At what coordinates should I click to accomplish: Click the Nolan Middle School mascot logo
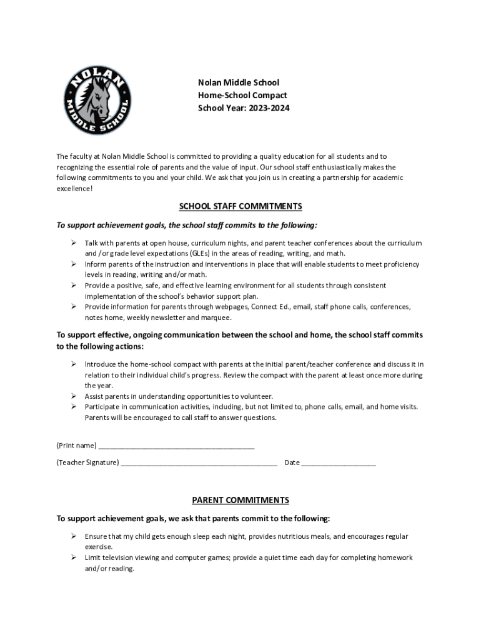98,99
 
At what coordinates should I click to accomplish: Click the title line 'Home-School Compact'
242,96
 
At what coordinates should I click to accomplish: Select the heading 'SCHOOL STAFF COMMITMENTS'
241,206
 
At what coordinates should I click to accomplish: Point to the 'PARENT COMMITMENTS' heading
241,500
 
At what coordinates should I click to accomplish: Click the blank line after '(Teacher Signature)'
199,463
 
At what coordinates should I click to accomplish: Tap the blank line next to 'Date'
339,463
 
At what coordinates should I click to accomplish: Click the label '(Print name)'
76,446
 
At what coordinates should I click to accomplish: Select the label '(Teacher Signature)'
87,462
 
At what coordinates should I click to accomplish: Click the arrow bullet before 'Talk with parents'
72,242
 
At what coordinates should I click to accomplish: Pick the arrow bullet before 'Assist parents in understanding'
72,396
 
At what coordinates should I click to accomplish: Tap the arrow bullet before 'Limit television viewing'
72,557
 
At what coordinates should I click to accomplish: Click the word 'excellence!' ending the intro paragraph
74,189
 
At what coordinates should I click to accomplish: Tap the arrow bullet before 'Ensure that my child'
72,536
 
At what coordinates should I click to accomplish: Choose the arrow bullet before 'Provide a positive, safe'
72,286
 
